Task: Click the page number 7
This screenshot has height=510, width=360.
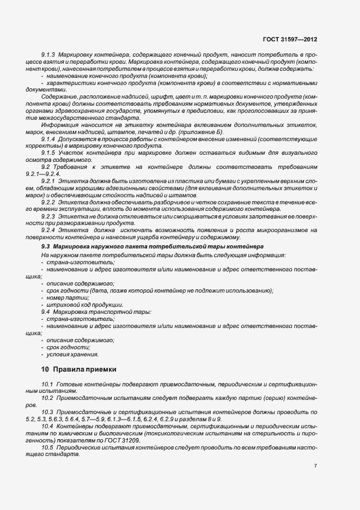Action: pyautogui.click(x=315, y=465)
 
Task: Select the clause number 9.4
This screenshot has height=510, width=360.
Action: pyautogui.click(x=46, y=312)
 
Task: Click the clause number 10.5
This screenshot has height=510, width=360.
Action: pyautogui.click(x=47, y=447)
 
